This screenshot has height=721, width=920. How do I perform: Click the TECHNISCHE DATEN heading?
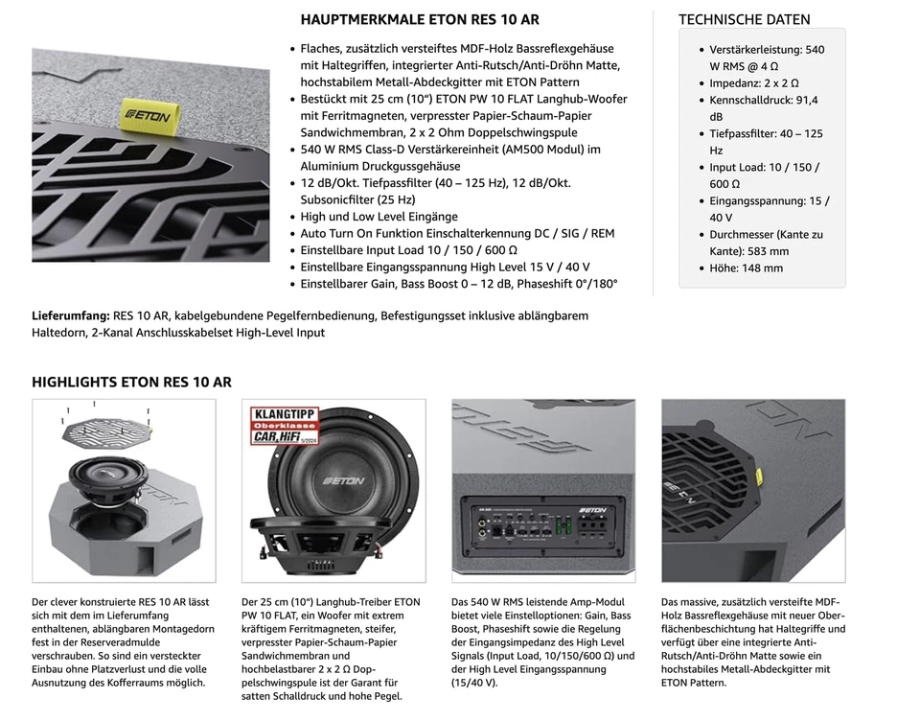744,19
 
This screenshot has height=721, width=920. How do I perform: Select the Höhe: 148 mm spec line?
746,268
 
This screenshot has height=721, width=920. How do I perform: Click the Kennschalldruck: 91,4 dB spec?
763,108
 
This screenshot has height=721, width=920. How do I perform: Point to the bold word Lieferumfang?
70,315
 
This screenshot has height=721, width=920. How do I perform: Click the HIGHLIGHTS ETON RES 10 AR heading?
131,382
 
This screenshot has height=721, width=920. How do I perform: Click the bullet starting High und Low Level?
379,217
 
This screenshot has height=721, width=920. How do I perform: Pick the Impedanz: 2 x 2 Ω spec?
753,83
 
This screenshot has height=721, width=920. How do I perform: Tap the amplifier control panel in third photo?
541,527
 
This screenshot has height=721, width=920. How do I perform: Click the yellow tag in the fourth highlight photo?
758,477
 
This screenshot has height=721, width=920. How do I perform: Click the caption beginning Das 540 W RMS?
542,642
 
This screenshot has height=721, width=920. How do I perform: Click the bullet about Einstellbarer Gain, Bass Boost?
459,284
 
